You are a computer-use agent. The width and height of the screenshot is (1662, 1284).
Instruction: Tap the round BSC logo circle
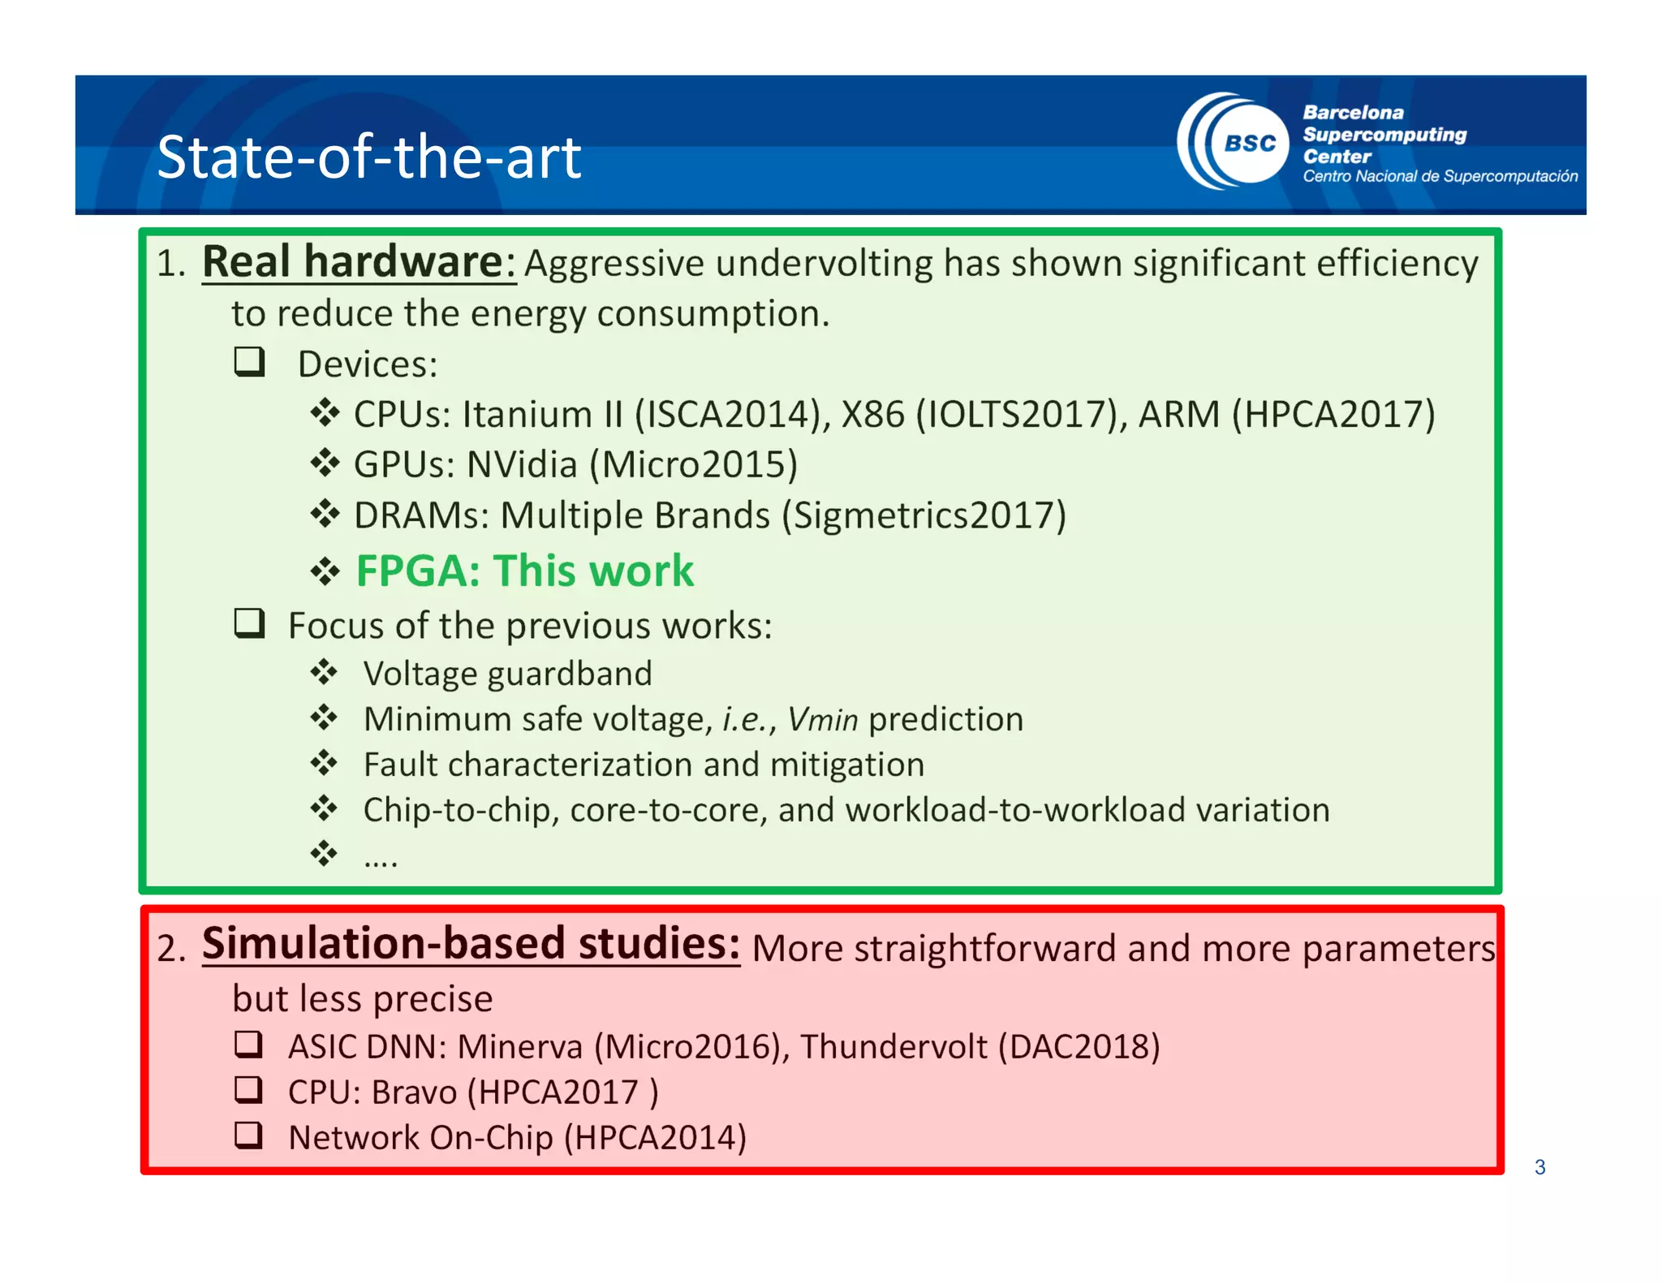coord(1249,144)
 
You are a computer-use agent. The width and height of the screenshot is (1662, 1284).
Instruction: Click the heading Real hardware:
coord(359,262)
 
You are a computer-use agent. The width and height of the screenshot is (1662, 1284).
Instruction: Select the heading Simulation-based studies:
coord(471,944)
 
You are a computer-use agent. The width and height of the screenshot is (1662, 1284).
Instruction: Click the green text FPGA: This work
coord(525,571)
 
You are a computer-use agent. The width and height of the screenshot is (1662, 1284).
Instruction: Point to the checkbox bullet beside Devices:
coord(250,362)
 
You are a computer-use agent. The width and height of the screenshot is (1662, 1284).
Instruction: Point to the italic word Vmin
coord(822,719)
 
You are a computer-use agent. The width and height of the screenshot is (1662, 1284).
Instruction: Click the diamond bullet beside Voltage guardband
coord(324,672)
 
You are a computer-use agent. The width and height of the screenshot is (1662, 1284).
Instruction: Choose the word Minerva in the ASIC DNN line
coord(520,1046)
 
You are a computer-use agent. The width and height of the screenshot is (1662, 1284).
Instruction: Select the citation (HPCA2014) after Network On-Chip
coord(656,1137)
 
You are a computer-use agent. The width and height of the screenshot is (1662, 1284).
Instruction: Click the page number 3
coord(1539,1167)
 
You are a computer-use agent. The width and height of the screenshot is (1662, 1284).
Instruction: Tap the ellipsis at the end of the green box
coord(381,859)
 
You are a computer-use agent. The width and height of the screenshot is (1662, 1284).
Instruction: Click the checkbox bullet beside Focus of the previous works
coord(250,623)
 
